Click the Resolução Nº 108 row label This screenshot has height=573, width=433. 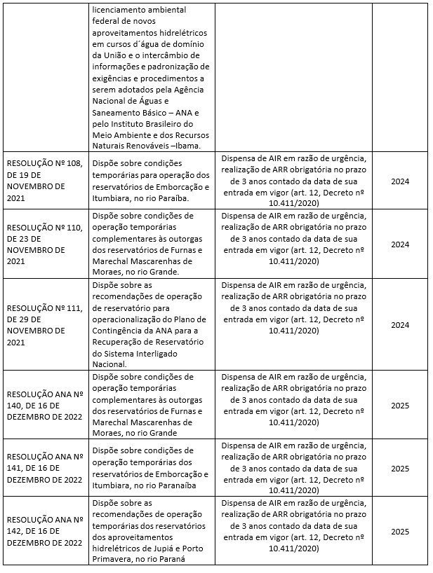(x=45, y=181)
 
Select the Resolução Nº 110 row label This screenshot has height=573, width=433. (x=45, y=244)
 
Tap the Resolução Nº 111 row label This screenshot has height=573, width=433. (x=45, y=324)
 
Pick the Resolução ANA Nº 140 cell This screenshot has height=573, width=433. (x=45, y=405)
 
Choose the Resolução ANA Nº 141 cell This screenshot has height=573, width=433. (x=45, y=468)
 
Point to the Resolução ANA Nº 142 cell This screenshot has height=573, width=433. (x=45, y=530)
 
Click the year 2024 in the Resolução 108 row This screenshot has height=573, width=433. (x=399, y=181)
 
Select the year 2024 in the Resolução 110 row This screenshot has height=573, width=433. (x=399, y=244)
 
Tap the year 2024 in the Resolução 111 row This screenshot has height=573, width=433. (x=399, y=324)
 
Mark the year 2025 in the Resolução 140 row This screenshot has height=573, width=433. (x=399, y=405)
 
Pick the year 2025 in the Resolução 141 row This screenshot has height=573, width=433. (x=399, y=468)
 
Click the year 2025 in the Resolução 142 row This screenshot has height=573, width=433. (x=399, y=530)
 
